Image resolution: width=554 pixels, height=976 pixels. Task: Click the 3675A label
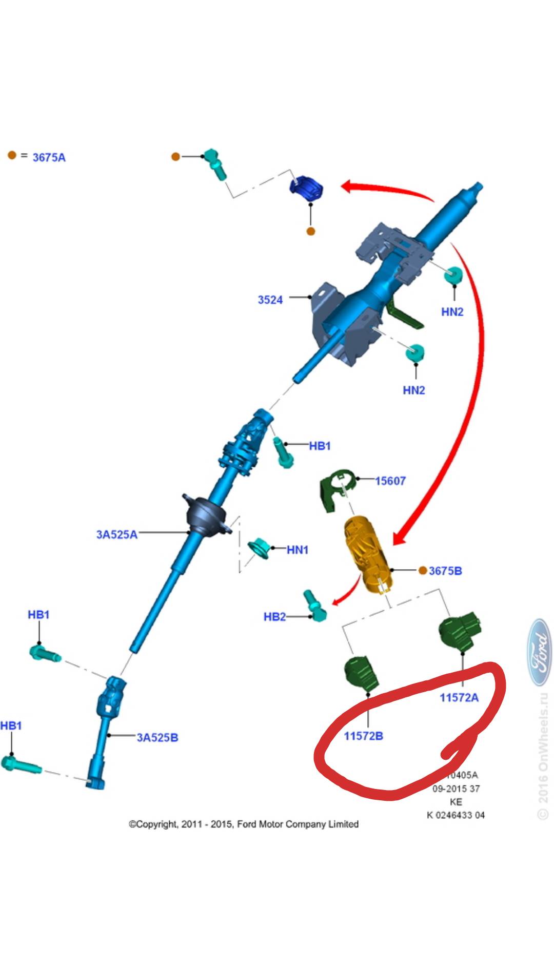[49, 157]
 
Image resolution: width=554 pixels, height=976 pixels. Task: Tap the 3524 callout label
[270, 300]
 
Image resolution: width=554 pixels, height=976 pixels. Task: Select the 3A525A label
[117, 534]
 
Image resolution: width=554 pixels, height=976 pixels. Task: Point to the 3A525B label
[157, 737]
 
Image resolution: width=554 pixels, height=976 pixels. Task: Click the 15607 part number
[390, 481]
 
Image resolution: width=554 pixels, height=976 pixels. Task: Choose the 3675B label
[445, 571]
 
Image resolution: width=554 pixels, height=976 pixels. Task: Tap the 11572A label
[459, 697]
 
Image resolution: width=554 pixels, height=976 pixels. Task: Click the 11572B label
[363, 736]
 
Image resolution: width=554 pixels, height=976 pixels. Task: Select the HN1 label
[298, 550]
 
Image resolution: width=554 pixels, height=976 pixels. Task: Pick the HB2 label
[274, 617]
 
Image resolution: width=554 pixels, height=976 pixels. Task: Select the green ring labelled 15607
[336, 489]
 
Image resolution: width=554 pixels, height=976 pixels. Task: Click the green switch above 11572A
[460, 632]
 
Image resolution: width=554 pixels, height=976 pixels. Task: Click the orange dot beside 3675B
[423, 570]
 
